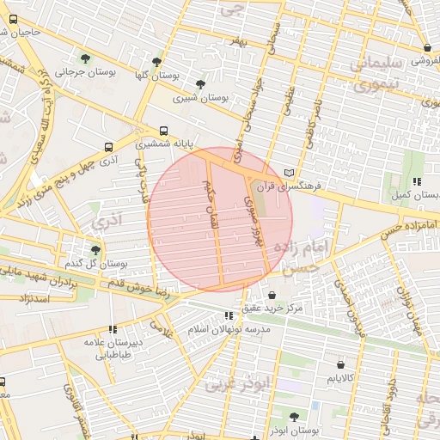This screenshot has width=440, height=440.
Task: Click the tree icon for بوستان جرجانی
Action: tap(84, 58)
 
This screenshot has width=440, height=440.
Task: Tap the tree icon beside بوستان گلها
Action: tap(156, 63)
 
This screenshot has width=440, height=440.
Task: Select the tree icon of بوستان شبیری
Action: tap(200, 84)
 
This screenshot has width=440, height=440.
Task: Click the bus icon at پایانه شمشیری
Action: tap(163, 131)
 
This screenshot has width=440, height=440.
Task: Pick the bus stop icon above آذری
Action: tap(107, 147)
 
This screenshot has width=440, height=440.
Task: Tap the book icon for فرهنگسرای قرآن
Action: tap(299, 172)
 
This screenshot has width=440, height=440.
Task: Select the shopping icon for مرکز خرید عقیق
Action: tap(272, 295)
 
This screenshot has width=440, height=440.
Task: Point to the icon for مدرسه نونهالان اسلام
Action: tap(228, 315)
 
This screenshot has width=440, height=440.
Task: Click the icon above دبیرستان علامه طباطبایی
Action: tap(113, 328)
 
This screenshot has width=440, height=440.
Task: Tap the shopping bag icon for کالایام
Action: tap(331, 364)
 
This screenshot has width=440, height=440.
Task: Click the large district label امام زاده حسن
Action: tap(300, 255)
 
